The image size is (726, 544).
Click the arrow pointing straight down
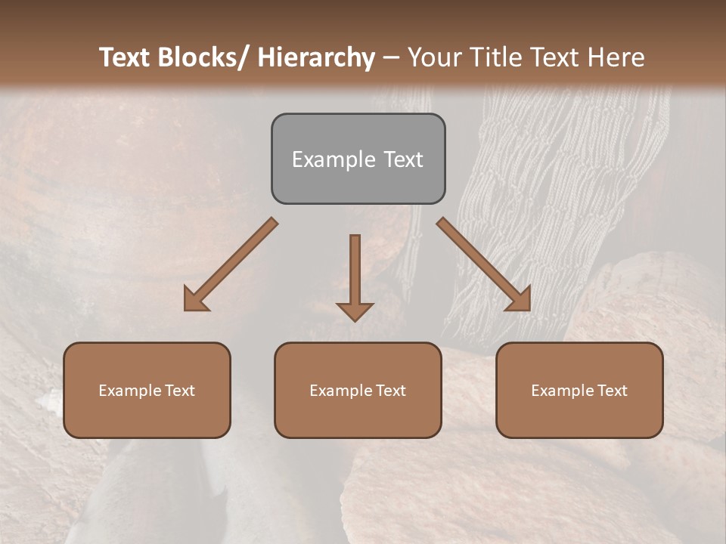click(x=355, y=276)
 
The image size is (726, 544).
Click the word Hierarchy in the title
click(x=316, y=57)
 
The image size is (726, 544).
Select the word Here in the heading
click(x=616, y=57)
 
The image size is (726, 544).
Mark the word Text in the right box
click(x=612, y=391)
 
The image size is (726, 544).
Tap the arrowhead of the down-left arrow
click(x=194, y=301)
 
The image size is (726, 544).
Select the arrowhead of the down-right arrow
click(x=520, y=300)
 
